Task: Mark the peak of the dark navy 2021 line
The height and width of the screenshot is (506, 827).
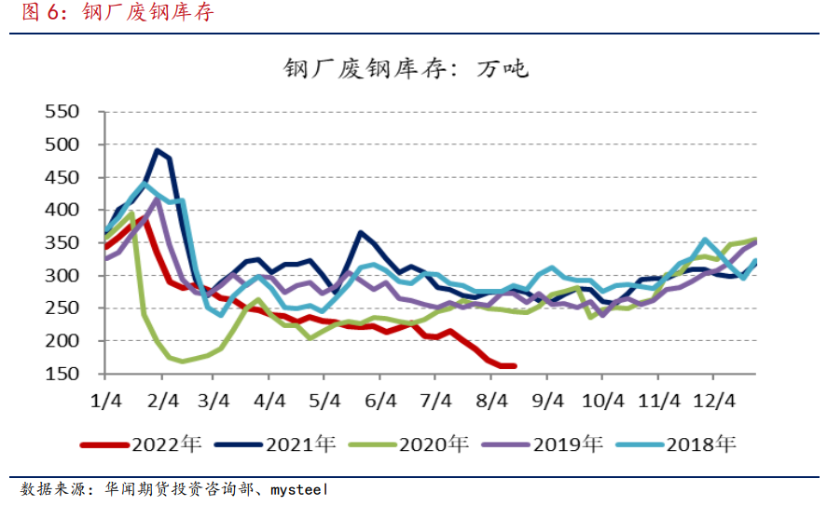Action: (x=158, y=150)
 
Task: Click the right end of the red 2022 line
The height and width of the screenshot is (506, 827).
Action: (x=514, y=365)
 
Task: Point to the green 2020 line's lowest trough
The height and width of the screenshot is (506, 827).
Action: (x=182, y=362)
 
